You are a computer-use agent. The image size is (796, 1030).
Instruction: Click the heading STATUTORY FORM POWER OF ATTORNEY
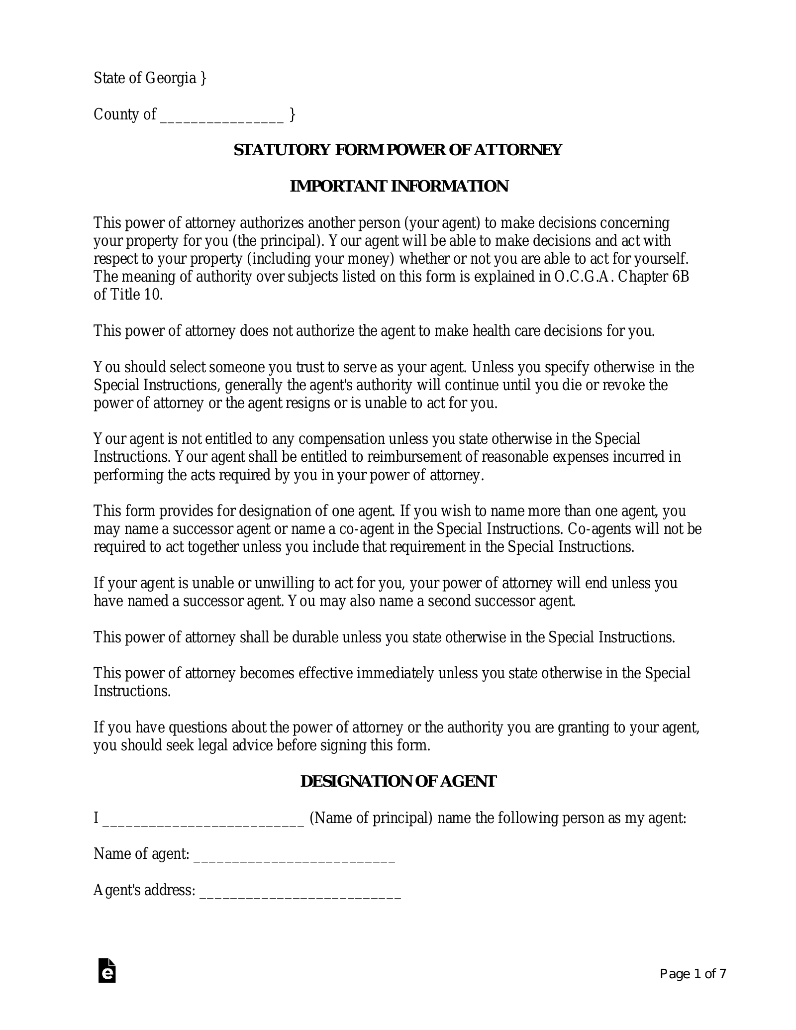[398, 150]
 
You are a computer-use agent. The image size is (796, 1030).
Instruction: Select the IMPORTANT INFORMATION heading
[398, 186]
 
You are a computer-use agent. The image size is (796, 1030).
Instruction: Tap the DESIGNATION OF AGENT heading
[398, 782]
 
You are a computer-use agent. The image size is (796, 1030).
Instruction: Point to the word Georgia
[171, 79]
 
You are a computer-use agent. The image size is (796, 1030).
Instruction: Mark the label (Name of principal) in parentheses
[371, 818]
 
